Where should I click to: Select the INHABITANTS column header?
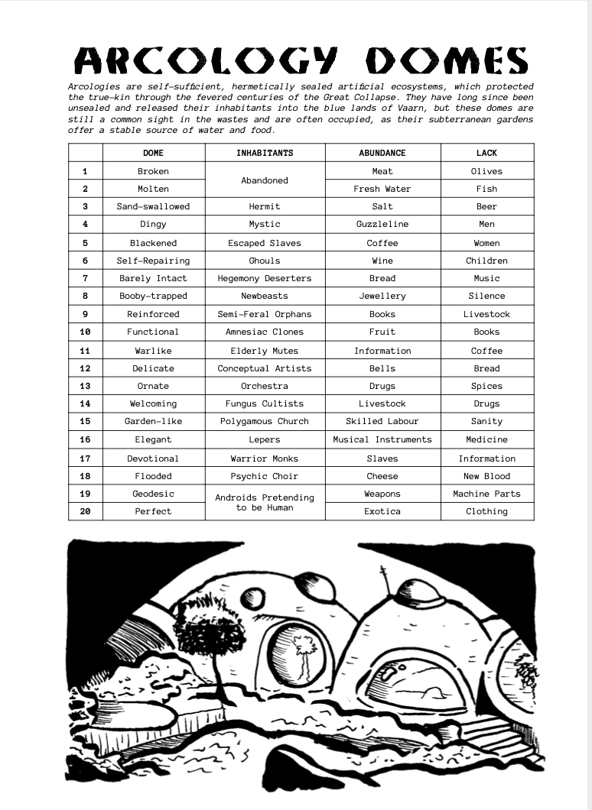(x=265, y=153)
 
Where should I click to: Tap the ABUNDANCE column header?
(x=382, y=153)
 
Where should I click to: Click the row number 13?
(x=85, y=386)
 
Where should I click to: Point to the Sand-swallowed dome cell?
(x=153, y=206)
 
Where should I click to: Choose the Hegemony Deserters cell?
(x=265, y=278)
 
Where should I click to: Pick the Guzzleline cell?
(x=382, y=224)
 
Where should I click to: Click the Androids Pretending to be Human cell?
(x=265, y=502)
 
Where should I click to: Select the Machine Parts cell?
(x=486, y=494)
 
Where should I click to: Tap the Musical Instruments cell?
(x=382, y=439)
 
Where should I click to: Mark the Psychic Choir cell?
(x=265, y=476)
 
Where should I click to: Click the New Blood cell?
(x=486, y=476)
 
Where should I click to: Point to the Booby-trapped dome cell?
(x=153, y=296)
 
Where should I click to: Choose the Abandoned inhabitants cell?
(x=265, y=180)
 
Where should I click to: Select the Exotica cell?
(x=382, y=511)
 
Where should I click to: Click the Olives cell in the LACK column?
(x=486, y=171)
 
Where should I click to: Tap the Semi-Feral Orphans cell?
(x=265, y=314)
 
